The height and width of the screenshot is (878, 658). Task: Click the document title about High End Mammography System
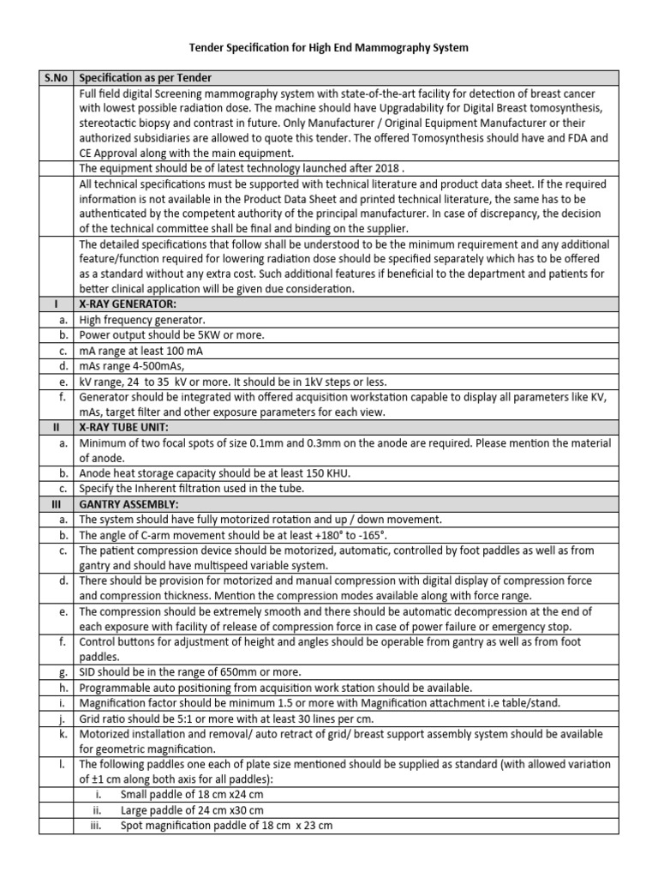329,49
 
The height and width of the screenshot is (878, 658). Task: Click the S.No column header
57,78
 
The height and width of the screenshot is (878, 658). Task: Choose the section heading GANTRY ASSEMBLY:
128,504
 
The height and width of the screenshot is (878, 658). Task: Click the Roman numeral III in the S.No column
57,504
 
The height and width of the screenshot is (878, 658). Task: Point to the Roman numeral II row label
57,428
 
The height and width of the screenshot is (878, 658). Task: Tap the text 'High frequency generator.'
142,319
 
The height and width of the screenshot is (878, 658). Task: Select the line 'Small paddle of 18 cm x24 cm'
191,795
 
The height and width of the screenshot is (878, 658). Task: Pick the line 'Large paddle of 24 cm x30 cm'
191,810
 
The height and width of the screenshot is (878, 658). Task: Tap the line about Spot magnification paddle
226,826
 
